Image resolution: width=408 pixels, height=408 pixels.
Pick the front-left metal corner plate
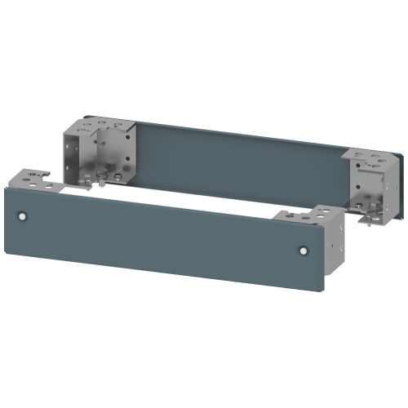click(33, 181)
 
